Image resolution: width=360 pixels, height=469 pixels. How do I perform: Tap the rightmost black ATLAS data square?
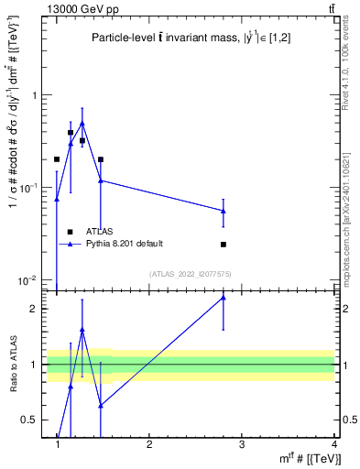pos(224,245)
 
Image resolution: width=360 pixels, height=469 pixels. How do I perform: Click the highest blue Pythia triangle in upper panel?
pos(82,123)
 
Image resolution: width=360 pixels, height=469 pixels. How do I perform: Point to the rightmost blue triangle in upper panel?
pos(224,211)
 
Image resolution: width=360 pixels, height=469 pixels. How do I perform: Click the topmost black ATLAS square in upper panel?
pos(71,133)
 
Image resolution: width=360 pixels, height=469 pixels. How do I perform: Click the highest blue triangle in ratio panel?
pos(224,298)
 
